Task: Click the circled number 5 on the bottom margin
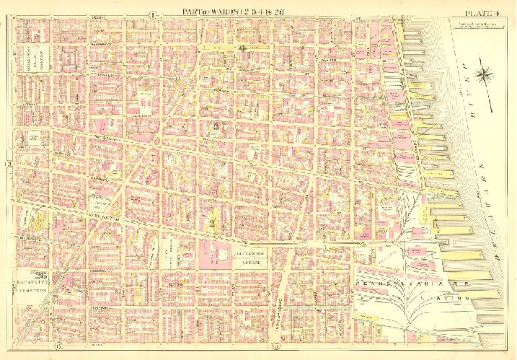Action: [276, 350]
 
